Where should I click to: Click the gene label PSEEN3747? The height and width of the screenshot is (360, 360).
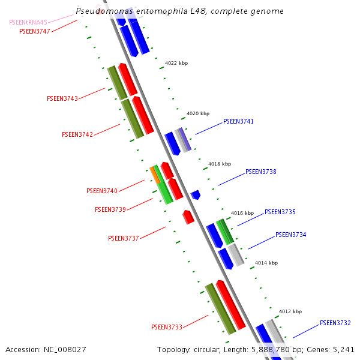pos(35,31)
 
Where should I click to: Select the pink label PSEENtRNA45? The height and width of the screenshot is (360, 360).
pos(28,22)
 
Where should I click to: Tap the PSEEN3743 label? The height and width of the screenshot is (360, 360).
pos(62,98)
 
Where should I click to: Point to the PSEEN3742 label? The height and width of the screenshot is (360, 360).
pos(77,134)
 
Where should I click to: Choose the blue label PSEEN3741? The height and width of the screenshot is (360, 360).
pos(238,121)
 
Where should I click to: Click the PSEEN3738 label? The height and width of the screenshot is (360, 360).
pos(260,172)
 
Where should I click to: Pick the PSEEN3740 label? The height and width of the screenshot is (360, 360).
pos(102,191)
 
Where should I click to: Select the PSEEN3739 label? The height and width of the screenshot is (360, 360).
pos(110,209)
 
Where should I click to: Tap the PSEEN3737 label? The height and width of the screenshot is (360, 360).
pos(124,238)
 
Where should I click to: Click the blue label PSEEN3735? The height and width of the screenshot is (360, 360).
pos(280,212)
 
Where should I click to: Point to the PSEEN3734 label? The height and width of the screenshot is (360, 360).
pos(290,235)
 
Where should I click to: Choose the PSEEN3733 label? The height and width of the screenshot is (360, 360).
pos(167,327)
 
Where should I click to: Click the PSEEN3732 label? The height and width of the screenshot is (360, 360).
pos(335,323)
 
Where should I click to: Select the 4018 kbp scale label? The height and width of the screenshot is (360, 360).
pos(219,163)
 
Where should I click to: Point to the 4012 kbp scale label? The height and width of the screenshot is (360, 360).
pos(290,311)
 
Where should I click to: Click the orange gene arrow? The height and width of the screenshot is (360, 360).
pos(155,175)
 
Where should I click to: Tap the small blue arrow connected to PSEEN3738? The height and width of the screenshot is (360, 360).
pos(196,194)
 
